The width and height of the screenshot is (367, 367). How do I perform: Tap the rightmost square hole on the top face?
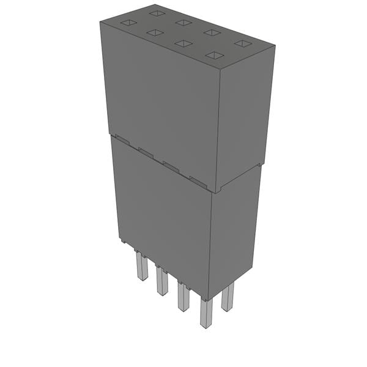click(243, 43)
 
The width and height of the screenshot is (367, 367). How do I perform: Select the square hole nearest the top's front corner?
click(214, 55)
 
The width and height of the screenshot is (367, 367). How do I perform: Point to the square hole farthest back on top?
click(157, 13)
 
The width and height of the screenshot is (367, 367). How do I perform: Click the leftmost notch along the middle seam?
click(122, 140)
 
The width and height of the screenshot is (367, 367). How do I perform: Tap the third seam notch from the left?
click(171, 166)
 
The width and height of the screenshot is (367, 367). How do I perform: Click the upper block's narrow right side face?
click(245, 116)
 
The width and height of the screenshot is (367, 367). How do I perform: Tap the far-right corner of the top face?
click(274, 43)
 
